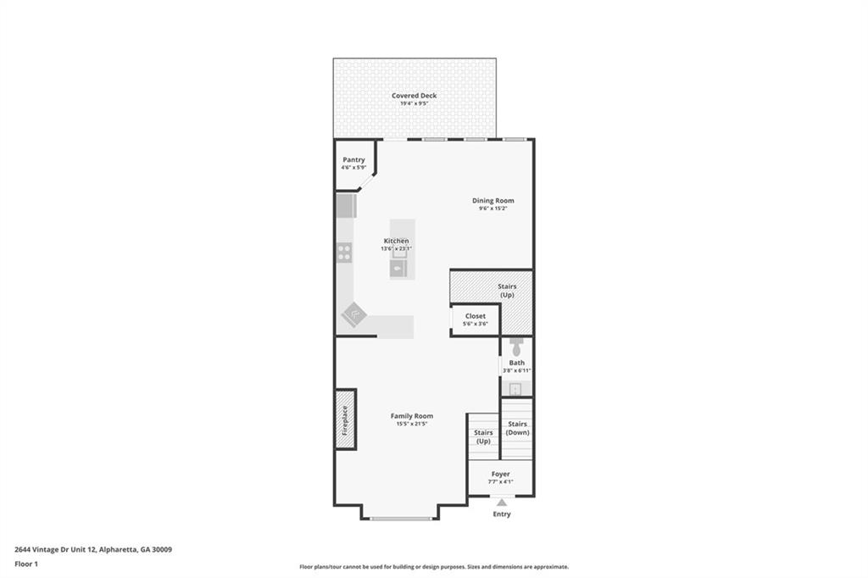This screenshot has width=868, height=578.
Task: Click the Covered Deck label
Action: click(x=414, y=96)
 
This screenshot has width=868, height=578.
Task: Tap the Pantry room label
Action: click(x=353, y=159)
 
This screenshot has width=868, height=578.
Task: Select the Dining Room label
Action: click(x=493, y=201)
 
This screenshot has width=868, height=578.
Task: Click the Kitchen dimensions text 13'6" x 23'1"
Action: click(x=395, y=249)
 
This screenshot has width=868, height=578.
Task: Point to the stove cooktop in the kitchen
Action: click(x=344, y=252)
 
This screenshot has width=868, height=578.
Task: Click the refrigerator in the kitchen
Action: click(x=345, y=206)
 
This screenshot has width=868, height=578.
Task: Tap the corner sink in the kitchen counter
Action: click(x=353, y=314)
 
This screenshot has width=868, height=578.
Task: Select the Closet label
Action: click(x=475, y=316)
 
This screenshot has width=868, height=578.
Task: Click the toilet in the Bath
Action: click(x=517, y=347)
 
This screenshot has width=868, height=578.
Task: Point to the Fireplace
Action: click(x=345, y=419)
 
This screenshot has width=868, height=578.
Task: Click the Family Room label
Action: click(x=412, y=416)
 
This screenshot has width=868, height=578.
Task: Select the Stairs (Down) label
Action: click(x=517, y=428)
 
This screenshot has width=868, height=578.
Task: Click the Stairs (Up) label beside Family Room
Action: click(x=483, y=436)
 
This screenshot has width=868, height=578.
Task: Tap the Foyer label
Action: click(x=501, y=474)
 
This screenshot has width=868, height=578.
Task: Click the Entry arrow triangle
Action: click(x=502, y=503)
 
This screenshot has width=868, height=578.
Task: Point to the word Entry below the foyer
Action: click(x=502, y=514)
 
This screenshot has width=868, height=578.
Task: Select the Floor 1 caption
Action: click(x=27, y=564)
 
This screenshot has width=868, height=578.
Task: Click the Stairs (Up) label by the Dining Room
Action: click(x=507, y=291)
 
